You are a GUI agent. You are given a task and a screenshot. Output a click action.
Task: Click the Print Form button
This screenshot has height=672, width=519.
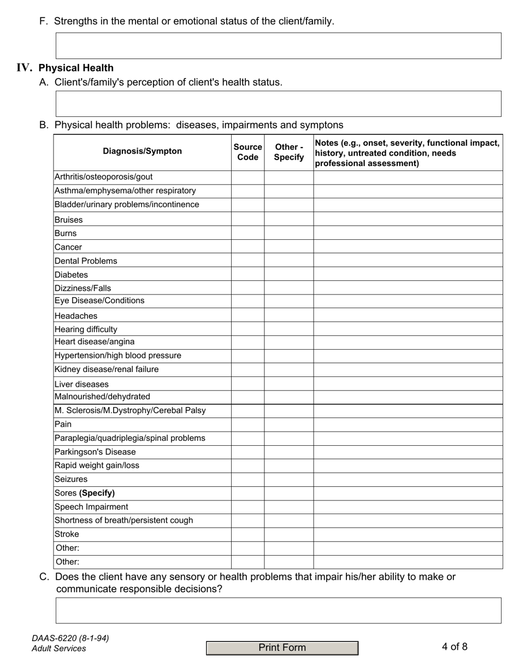[x=282, y=648]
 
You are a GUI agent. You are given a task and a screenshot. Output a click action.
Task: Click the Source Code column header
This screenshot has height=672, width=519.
[x=247, y=152]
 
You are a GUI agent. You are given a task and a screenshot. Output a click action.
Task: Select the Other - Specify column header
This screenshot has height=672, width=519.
[x=288, y=152]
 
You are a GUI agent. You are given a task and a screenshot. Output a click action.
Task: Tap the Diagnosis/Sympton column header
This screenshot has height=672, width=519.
[x=142, y=151]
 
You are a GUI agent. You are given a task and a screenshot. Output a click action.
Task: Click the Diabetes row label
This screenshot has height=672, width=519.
[x=71, y=275]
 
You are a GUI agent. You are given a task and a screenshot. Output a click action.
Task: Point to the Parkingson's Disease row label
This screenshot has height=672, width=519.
[x=95, y=452]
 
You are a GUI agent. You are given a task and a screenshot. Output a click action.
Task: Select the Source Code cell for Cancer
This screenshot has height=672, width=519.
[x=247, y=247]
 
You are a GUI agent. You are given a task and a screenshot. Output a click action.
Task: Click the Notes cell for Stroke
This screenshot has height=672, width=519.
[x=408, y=534]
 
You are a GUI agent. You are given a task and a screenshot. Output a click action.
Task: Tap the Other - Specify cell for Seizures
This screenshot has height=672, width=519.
[x=288, y=479]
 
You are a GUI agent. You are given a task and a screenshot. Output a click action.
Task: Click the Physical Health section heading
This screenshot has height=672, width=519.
[x=76, y=68]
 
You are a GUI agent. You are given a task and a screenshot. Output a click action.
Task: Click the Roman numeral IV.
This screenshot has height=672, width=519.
[x=25, y=68]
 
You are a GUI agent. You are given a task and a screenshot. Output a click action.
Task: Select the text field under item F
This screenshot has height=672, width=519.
[x=278, y=46]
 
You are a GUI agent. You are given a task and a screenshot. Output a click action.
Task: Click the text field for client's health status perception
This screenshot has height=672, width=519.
[x=278, y=104]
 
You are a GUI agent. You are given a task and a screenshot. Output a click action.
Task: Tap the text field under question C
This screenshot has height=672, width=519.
[x=278, y=610]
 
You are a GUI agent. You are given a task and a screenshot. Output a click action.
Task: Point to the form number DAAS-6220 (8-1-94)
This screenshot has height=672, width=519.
[x=70, y=638]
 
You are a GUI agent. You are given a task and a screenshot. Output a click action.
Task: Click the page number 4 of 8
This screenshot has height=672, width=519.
[x=455, y=647]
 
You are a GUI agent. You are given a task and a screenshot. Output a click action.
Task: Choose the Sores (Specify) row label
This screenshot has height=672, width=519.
[x=85, y=493]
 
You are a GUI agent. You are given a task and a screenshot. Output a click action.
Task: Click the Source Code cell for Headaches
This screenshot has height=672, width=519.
[x=247, y=316]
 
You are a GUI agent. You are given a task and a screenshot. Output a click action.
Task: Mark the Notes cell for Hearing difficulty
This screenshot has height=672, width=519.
[x=408, y=329]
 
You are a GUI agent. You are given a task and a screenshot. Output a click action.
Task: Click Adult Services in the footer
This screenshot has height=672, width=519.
[x=58, y=649]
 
